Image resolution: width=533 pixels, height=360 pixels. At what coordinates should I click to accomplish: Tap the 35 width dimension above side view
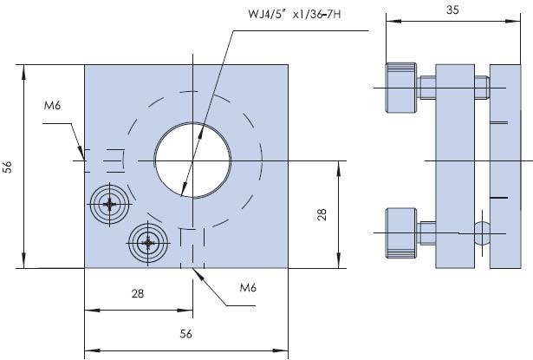pos(452,10)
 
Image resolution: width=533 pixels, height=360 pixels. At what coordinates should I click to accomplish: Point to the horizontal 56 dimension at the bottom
pos(184,333)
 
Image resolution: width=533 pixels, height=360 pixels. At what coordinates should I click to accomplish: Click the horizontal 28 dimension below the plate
pos(137,294)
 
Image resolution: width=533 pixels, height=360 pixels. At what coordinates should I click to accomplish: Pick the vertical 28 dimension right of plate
pos(322,214)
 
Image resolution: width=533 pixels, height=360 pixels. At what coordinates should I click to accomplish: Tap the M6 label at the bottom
pos(247,288)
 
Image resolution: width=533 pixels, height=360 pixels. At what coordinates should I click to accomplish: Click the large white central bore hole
pos(192,160)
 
